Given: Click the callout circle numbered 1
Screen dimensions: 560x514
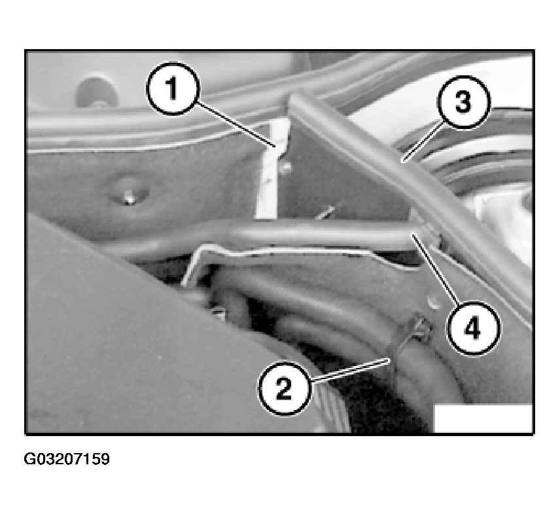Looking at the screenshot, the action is [x=173, y=88].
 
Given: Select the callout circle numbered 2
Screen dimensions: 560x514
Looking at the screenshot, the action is [x=285, y=389].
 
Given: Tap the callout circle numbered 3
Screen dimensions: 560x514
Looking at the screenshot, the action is [x=464, y=102].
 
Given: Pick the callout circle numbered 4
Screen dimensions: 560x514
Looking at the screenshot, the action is [x=473, y=329].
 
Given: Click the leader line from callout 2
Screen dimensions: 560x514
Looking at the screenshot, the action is [x=349, y=371].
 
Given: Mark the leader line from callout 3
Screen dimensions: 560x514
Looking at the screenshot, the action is [x=422, y=141].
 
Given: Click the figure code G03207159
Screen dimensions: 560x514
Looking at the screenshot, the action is [x=67, y=458].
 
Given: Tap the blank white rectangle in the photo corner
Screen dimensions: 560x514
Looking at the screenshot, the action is [x=483, y=418].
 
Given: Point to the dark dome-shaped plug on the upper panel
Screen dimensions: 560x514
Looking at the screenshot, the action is [x=96, y=92].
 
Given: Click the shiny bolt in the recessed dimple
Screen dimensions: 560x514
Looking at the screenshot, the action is [x=130, y=198].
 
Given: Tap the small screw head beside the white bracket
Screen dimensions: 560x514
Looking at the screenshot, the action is [x=285, y=166].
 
